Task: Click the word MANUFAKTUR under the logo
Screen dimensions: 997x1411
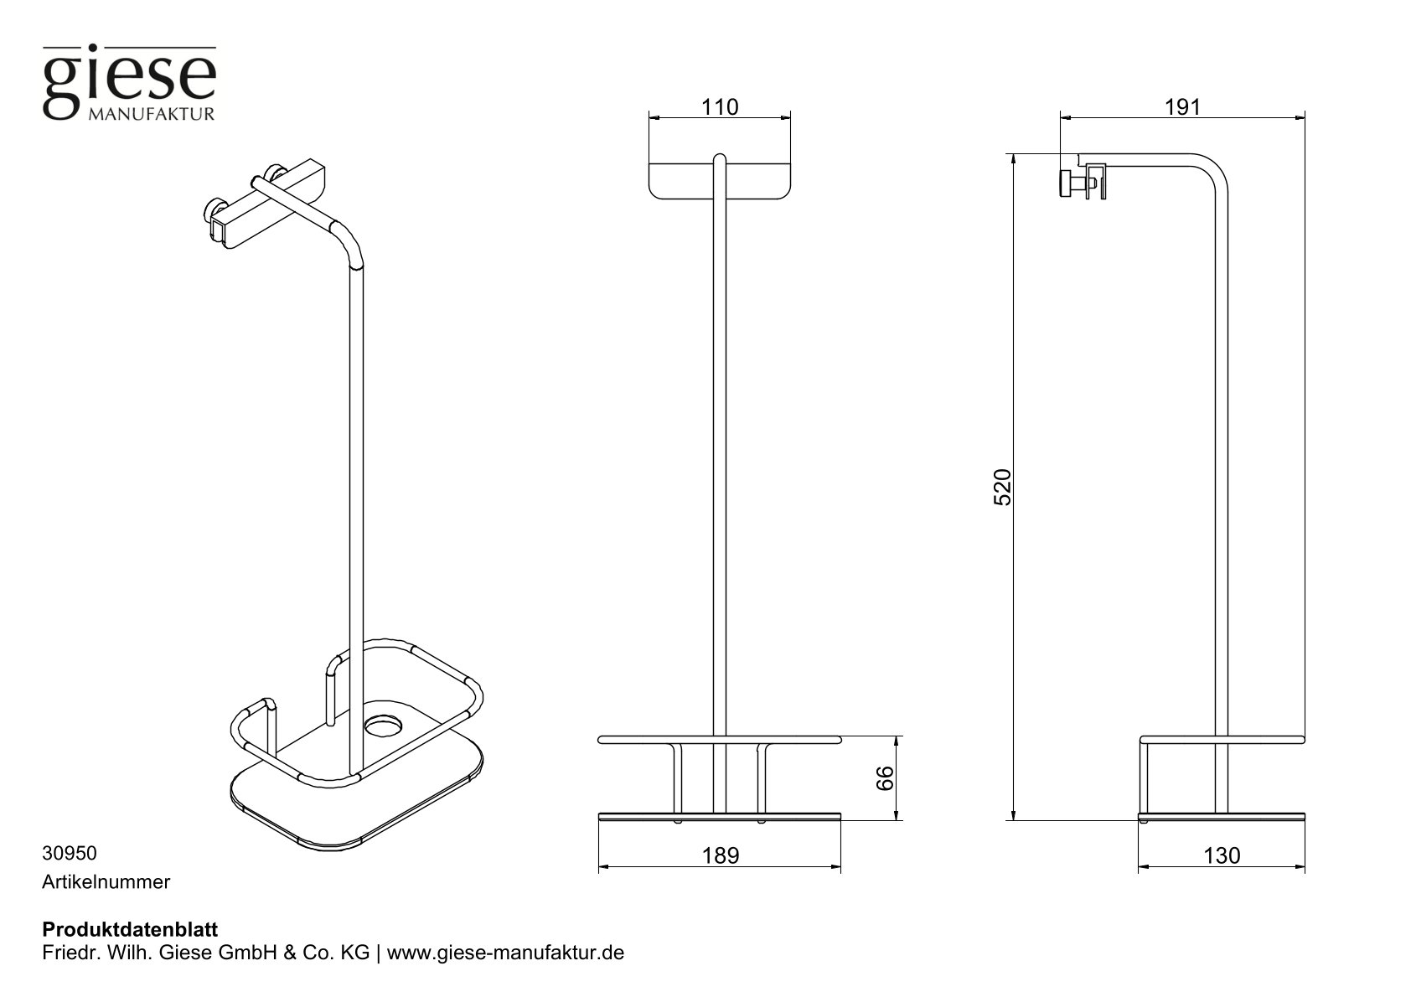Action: (151, 114)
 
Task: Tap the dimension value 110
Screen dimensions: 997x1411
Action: (721, 107)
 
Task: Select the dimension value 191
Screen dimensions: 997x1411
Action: (1182, 107)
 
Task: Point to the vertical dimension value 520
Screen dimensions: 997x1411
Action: (1004, 487)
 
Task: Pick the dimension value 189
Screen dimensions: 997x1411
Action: (721, 855)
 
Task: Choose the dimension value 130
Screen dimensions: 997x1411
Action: (1222, 855)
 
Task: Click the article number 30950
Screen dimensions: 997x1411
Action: (70, 854)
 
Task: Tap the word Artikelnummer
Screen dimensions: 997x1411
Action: (106, 882)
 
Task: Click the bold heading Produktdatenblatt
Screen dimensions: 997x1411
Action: (130, 930)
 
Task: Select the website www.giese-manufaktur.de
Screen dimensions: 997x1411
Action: (506, 953)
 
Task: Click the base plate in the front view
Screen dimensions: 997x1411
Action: (719, 815)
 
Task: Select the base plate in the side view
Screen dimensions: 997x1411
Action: (1221, 815)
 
